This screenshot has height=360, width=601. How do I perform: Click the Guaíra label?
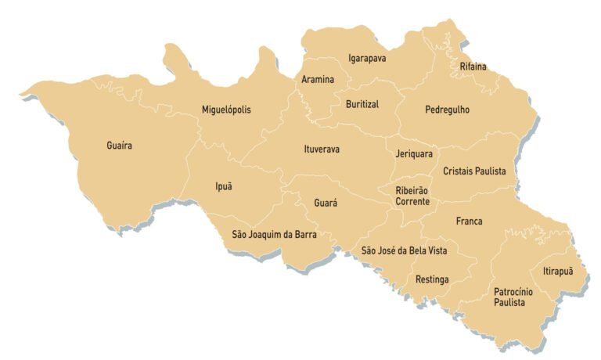pos(119,146)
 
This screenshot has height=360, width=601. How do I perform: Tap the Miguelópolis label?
pos(226,110)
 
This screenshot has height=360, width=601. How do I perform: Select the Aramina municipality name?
pos(318,80)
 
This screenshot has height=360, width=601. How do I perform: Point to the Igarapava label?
pos(367,58)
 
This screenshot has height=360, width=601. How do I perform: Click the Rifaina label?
pos(473,67)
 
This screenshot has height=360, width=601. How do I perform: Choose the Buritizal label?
pos(362,104)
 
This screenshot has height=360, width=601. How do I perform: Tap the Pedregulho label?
pos(447,110)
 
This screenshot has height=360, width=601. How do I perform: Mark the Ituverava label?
pos(322,149)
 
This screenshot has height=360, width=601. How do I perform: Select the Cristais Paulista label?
pos(474,171)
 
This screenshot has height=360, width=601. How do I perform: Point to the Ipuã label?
pos(224,186)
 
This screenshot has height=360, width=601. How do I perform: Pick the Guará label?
pos(326,203)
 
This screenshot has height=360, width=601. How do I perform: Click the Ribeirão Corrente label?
pos(412,196)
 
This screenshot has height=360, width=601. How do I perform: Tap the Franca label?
pos(469,221)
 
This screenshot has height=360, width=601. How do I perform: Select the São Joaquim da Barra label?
pos(274,234)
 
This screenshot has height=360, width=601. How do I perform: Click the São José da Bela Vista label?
pos(404,250)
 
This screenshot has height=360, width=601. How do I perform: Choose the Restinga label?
pos(432,279)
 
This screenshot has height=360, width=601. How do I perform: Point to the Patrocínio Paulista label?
pos(513,297)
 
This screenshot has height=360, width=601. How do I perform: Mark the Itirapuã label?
pos(557,272)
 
